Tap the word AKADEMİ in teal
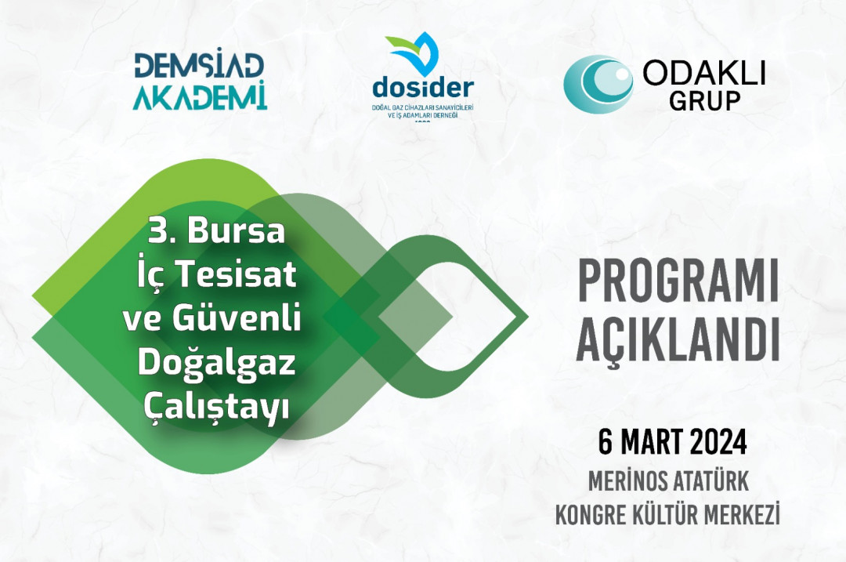point(200,96)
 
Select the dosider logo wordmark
point(422,85)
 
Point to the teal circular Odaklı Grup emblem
point(598,83)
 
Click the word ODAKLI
point(703,73)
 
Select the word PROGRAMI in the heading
point(678,284)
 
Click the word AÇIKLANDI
point(678,342)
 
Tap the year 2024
point(718,443)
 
